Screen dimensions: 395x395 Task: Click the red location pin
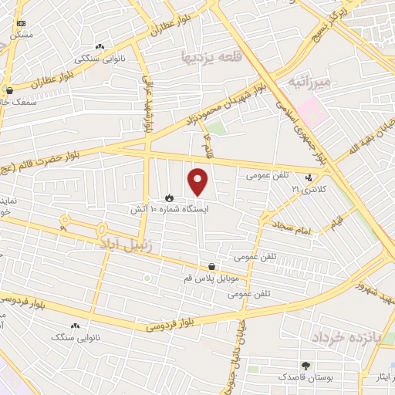(198, 181)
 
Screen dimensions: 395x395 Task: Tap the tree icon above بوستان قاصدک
(306, 365)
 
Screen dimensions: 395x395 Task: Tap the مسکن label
(21, 34)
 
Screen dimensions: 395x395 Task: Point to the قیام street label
(336, 221)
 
